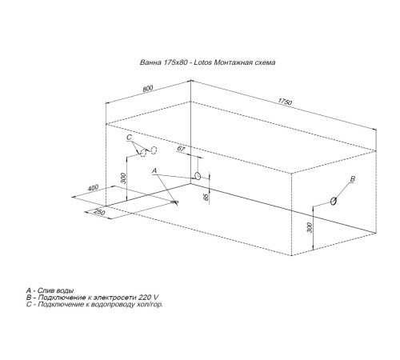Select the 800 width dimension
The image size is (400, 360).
click(147, 88)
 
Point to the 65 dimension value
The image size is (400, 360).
click(206, 196)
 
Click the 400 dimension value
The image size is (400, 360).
click(94, 187)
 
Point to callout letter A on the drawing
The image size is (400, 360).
click(153, 170)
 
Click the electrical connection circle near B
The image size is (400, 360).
click(333, 202)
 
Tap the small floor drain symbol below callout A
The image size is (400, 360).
click(173, 204)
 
